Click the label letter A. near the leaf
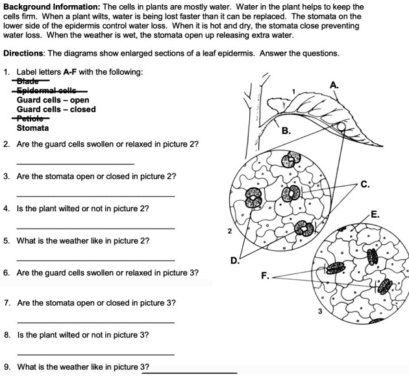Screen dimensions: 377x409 pos(334,85)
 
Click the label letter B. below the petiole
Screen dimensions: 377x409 pos(286,131)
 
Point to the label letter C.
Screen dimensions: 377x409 pos(366,185)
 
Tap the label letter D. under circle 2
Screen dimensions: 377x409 pos(235,260)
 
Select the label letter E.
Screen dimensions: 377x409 pos(375,214)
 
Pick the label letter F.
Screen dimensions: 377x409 pos(265,276)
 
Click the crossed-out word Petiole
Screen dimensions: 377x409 pos(31,119)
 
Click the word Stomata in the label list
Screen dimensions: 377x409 pos(32,128)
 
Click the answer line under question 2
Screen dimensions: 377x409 pos(75,163)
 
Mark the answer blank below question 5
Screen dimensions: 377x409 pos(95,259)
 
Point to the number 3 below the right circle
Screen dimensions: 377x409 pos(320,312)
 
